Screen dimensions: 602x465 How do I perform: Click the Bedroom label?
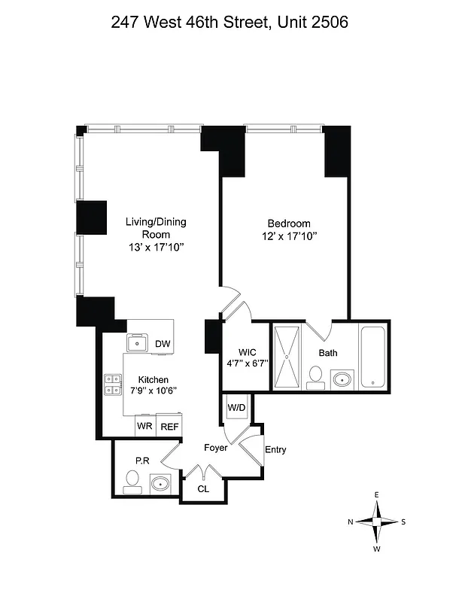click(289, 223)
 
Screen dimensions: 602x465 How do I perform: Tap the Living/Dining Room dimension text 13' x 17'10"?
click(155, 247)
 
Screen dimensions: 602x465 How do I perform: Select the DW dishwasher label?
click(162, 344)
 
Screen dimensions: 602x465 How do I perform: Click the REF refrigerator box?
click(169, 427)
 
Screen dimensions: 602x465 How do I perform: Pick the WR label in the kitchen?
click(144, 427)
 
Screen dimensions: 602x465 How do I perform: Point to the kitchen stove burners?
click(114, 385)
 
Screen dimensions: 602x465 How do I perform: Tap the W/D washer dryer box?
click(236, 408)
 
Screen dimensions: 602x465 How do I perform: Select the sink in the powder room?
click(160, 482)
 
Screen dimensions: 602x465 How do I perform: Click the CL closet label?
click(203, 488)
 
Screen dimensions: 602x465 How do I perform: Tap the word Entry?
click(275, 450)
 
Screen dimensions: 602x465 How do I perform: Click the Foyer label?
click(216, 448)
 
